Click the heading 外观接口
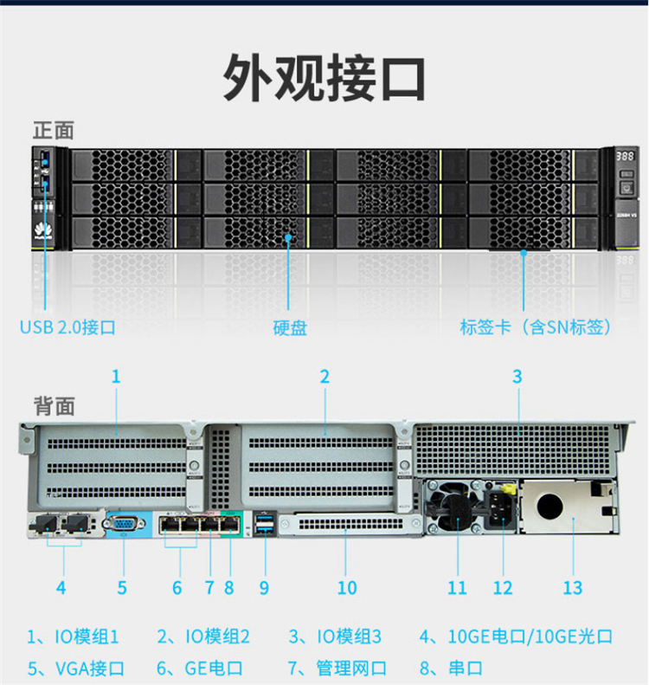tap(324, 77)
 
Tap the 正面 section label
tap(54, 131)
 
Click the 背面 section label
tap(54, 405)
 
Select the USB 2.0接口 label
tap(67, 327)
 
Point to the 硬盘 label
tap(290, 328)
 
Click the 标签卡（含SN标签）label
tap(536, 327)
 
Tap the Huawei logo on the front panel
tap(39, 230)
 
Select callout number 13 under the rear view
tap(572, 587)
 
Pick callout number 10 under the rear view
tap(347, 587)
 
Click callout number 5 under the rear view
tap(122, 587)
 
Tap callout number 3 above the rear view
tap(517, 377)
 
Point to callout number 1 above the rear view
tap(116, 377)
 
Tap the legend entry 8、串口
tap(451, 668)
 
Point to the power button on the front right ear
tap(627, 187)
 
